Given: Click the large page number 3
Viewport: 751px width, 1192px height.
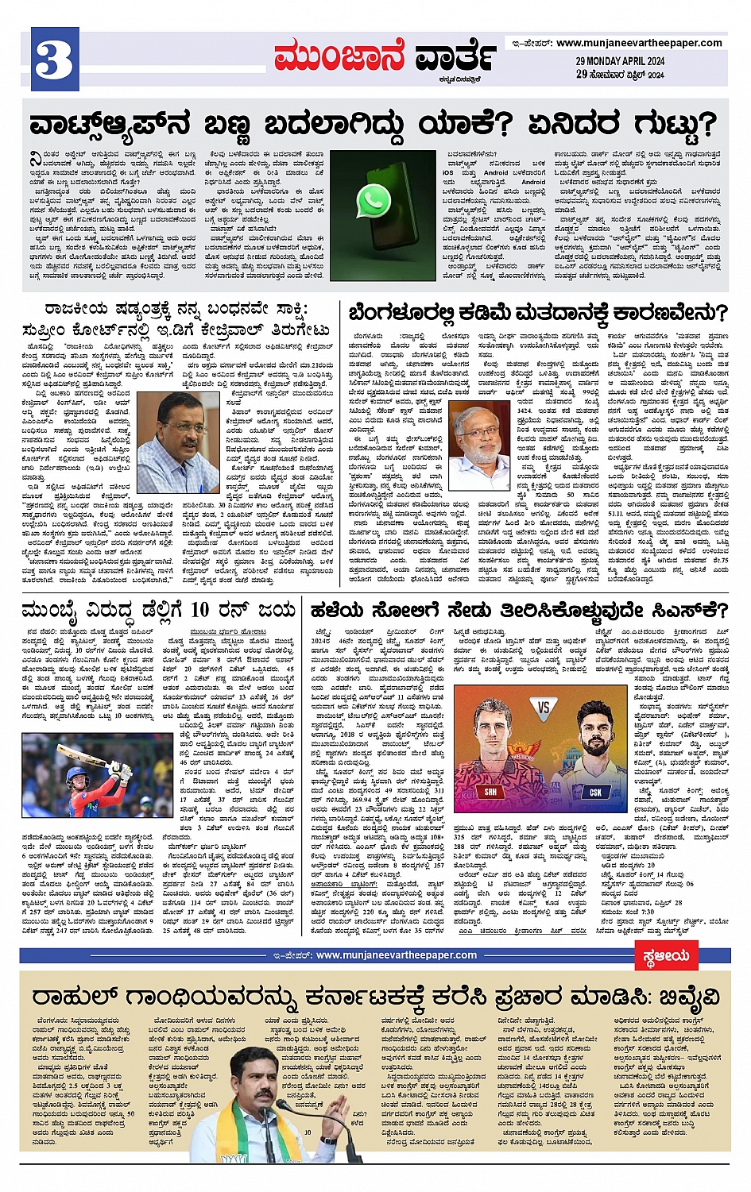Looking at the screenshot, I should pyautogui.click(x=55, y=60).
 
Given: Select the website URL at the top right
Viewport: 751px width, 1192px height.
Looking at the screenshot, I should pyautogui.click(x=639, y=43).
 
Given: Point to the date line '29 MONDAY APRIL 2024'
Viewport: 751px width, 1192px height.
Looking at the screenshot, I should pyautogui.click(x=621, y=61).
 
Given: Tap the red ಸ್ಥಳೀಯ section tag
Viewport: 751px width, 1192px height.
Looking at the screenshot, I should pyautogui.click(x=665, y=956).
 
